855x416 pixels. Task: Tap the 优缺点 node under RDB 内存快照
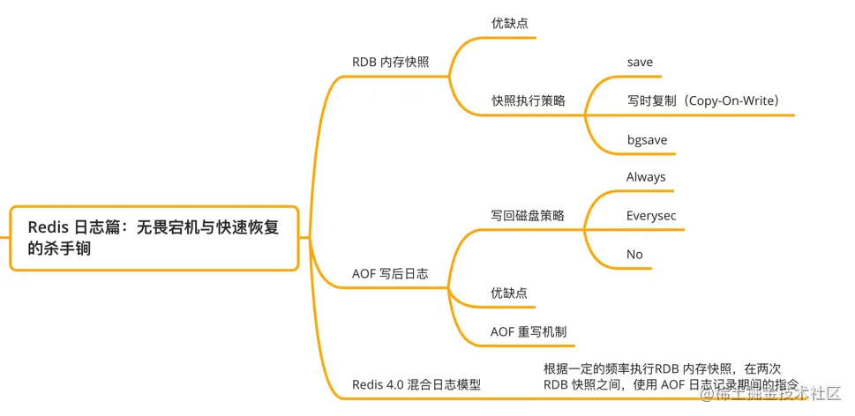510,24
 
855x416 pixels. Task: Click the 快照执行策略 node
528,100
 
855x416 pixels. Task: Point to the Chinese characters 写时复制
651,100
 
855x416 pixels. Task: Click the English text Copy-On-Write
731,100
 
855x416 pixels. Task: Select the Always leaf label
646,177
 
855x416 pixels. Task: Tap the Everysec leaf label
651,216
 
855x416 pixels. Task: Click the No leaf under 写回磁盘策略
634,255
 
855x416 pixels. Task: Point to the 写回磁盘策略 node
528,215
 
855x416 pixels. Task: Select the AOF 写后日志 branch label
390,274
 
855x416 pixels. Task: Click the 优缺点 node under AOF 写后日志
509,293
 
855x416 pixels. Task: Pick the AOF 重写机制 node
529,332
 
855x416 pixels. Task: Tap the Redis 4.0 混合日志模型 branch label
416,385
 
